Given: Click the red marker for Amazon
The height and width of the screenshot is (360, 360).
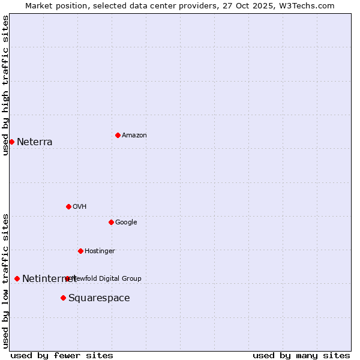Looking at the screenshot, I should [x=118, y=135].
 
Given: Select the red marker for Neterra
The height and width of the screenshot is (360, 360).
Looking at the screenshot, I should [x=11, y=142].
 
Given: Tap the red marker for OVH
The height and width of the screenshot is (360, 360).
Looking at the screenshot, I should [x=68, y=206].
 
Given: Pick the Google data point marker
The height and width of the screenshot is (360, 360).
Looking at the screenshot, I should [x=111, y=222].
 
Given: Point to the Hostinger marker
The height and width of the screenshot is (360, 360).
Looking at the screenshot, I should [x=80, y=251].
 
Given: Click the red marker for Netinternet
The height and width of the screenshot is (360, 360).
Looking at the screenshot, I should [x=17, y=278].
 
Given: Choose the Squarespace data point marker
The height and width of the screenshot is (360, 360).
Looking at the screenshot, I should [x=63, y=298].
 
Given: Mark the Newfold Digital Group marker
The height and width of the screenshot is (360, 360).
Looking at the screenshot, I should [x=67, y=278].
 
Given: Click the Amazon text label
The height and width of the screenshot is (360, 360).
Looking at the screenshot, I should [x=134, y=135].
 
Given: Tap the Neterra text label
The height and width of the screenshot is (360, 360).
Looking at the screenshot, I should [x=35, y=142].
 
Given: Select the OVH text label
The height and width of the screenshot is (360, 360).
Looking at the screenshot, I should [x=80, y=206].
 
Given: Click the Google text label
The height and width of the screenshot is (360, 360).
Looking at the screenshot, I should [x=126, y=222].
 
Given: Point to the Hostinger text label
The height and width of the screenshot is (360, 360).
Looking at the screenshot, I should [x=100, y=251].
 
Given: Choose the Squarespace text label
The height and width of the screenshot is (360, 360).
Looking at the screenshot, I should [x=99, y=298].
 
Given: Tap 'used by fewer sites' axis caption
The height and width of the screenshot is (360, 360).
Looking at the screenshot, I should [x=62, y=355].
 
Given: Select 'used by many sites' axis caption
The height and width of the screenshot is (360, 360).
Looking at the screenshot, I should [x=301, y=355].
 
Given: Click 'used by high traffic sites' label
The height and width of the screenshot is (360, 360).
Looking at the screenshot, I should [x=6, y=85].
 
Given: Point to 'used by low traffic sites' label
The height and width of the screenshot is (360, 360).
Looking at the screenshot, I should [x=6, y=280].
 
